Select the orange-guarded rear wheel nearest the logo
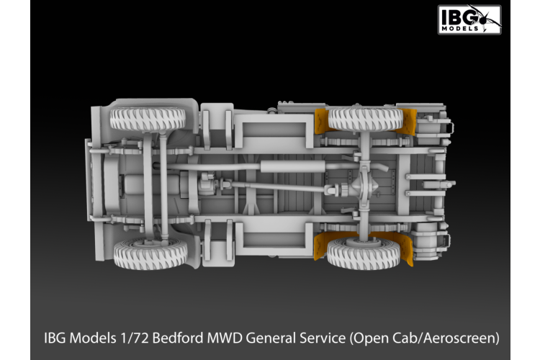[364, 119]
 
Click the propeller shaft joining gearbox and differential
[281, 188]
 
